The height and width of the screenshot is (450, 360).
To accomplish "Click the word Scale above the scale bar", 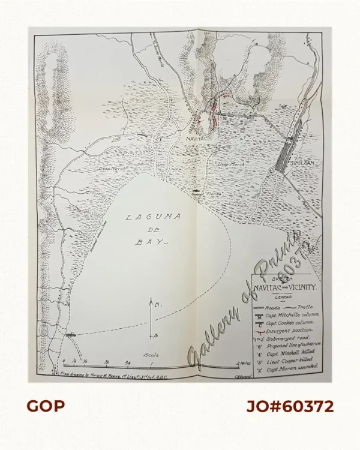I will (151, 355).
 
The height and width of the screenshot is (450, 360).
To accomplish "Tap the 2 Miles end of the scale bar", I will (244, 362).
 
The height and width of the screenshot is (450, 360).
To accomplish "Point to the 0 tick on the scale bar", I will (64, 362).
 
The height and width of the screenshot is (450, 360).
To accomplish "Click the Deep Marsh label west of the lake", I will (112, 170).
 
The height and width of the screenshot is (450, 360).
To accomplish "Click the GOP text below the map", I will (45, 406).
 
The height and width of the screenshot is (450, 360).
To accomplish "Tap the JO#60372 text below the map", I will (290, 406).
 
